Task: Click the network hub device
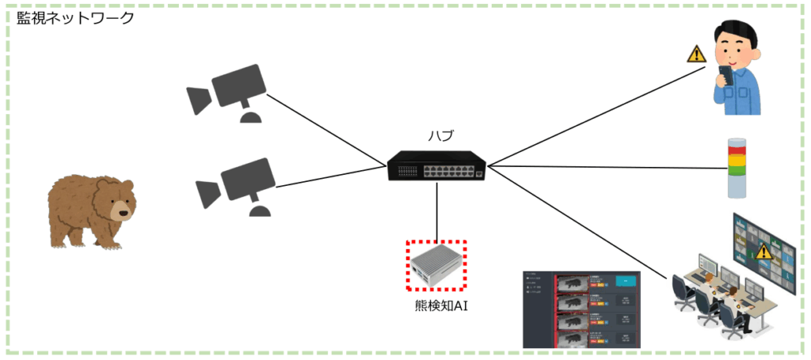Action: [x=436, y=167]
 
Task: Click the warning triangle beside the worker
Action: [x=695, y=55]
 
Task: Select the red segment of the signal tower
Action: [x=737, y=150]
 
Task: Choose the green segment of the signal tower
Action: [x=737, y=168]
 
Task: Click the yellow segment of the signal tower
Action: [x=737, y=159]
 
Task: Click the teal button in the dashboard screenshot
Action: [x=626, y=282]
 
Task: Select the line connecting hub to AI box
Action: [x=436, y=210]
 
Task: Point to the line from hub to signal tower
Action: [x=602, y=167]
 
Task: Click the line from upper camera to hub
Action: [x=325, y=130]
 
